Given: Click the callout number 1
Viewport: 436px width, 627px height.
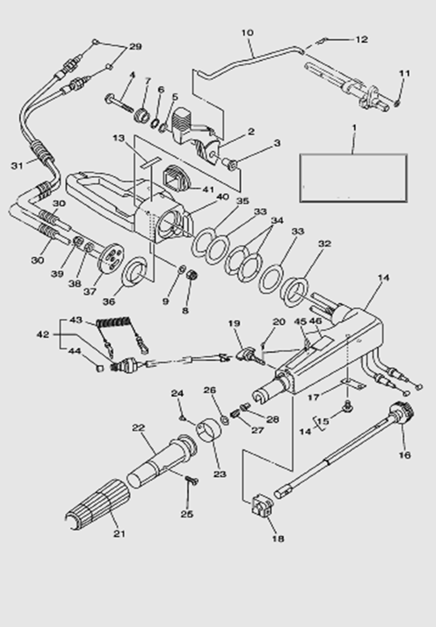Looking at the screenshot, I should (x=354, y=128).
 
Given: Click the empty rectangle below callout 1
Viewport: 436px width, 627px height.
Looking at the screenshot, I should (x=353, y=177).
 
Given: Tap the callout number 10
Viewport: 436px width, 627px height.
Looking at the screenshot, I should (x=248, y=33).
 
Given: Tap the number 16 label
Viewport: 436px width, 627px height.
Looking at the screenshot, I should (x=404, y=454).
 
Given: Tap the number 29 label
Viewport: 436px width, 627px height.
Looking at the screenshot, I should (x=135, y=47).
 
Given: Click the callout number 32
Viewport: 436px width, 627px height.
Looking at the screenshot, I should (x=325, y=244).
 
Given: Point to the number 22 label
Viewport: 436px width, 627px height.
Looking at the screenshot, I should (x=138, y=428).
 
